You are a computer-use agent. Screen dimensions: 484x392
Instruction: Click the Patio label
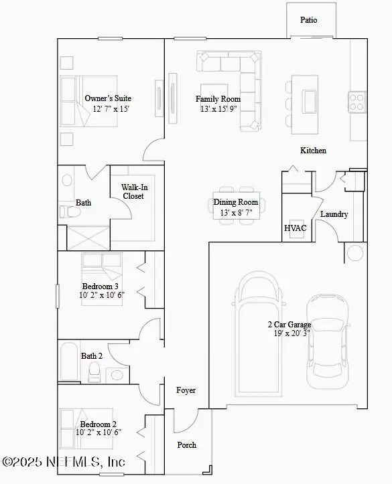pyautogui.click(x=309, y=20)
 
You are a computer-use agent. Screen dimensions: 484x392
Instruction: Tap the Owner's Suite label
pyautogui.click(x=107, y=98)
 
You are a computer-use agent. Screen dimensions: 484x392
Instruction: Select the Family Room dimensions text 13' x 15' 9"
pyautogui.click(x=218, y=108)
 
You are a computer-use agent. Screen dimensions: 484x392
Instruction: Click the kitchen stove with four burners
pyautogui.click(x=356, y=101)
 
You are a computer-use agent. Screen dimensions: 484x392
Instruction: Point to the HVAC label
pyautogui.click(x=296, y=228)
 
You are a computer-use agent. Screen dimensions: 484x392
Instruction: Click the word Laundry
pyautogui.click(x=334, y=214)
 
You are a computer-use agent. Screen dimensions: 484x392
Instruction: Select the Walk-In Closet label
pyautogui.click(x=133, y=191)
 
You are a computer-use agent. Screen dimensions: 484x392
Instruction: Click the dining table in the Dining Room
pyautogui.click(x=235, y=202)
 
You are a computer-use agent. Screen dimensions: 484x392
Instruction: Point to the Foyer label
pyautogui.click(x=186, y=390)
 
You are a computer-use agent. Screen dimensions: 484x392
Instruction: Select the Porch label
pyautogui.click(x=187, y=445)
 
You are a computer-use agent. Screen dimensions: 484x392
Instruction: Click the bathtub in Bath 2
pyautogui.click(x=69, y=361)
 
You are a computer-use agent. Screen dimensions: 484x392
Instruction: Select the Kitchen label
pyautogui.click(x=313, y=151)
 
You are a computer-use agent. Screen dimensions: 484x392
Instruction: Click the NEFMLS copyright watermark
pyautogui.click(x=64, y=462)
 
